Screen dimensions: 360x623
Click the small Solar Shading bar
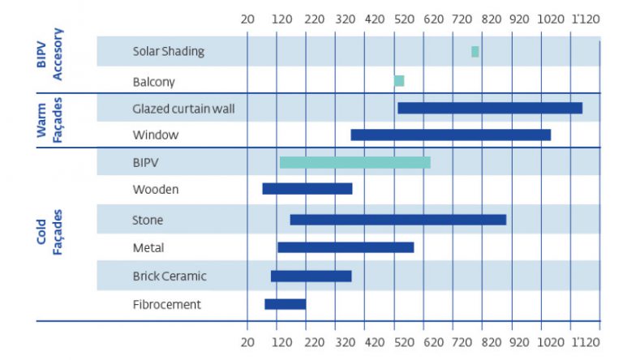click(x=475, y=52)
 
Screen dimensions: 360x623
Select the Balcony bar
click(x=399, y=81)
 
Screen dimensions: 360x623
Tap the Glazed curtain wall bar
click(x=489, y=108)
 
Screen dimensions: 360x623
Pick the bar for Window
click(x=450, y=135)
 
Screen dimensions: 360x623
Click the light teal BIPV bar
click(x=354, y=162)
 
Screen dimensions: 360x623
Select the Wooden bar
click(x=307, y=189)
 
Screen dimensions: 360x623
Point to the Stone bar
click(x=397, y=220)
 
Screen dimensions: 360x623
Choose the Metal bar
click(x=346, y=247)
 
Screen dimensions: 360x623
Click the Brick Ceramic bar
click(x=311, y=276)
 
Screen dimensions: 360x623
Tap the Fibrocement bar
click(x=285, y=304)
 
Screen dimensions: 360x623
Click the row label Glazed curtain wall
click(x=183, y=108)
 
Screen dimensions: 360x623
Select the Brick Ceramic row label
click(x=170, y=276)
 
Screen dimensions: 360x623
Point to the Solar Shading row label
click(x=168, y=52)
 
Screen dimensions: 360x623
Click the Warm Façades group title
click(x=49, y=119)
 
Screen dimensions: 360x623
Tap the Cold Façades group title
click(x=49, y=233)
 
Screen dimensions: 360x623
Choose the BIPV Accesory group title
click(x=49, y=54)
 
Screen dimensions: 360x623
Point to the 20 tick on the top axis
click(x=248, y=18)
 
